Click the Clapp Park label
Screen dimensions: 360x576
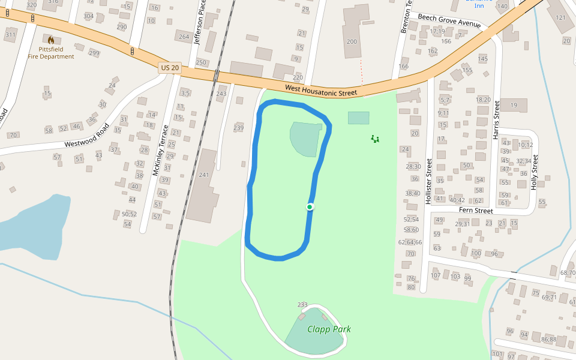click(x=329, y=329)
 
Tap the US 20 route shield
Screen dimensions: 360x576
click(x=170, y=68)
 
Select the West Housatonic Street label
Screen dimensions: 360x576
click(x=320, y=90)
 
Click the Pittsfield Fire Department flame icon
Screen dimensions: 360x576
click(x=51, y=41)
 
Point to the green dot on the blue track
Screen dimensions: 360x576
click(x=310, y=207)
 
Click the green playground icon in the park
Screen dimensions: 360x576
click(x=375, y=139)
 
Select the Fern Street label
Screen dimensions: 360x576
click(x=476, y=211)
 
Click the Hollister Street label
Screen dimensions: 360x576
click(x=429, y=181)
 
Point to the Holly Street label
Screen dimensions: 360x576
click(x=535, y=172)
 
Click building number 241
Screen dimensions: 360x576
click(x=203, y=175)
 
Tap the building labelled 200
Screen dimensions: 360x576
click(x=352, y=41)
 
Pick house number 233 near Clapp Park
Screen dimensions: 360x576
click(x=302, y=305)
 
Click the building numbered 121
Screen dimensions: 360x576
click(x=561, y=17)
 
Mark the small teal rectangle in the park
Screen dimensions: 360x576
click(x=359, y=118)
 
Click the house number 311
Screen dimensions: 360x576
click(x=10, y=34)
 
